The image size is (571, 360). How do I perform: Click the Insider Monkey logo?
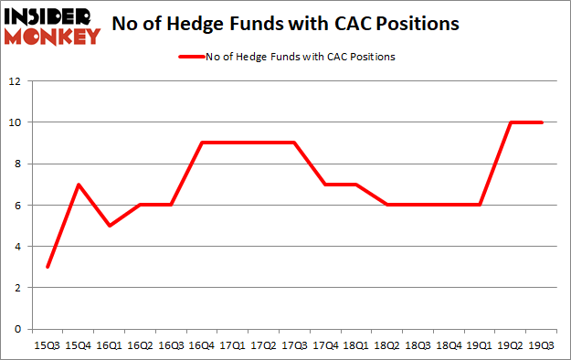coord(53,25)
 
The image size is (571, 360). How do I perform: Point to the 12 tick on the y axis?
coord(16,81)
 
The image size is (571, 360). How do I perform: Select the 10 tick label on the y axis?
coord(16,122)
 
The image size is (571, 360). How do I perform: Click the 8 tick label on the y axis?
coord(18,164)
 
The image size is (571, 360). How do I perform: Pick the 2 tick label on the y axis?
coord(18,288)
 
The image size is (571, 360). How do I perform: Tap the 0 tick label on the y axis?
coord(18,329)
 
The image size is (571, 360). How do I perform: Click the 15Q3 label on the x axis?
coord(48,346)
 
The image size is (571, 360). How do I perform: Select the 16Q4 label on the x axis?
coord(202,346)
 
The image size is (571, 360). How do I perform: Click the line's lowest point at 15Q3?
coord(48,267)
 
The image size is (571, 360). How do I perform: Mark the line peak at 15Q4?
coord(79,185)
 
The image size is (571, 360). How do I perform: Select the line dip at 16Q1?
coord(110,226)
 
